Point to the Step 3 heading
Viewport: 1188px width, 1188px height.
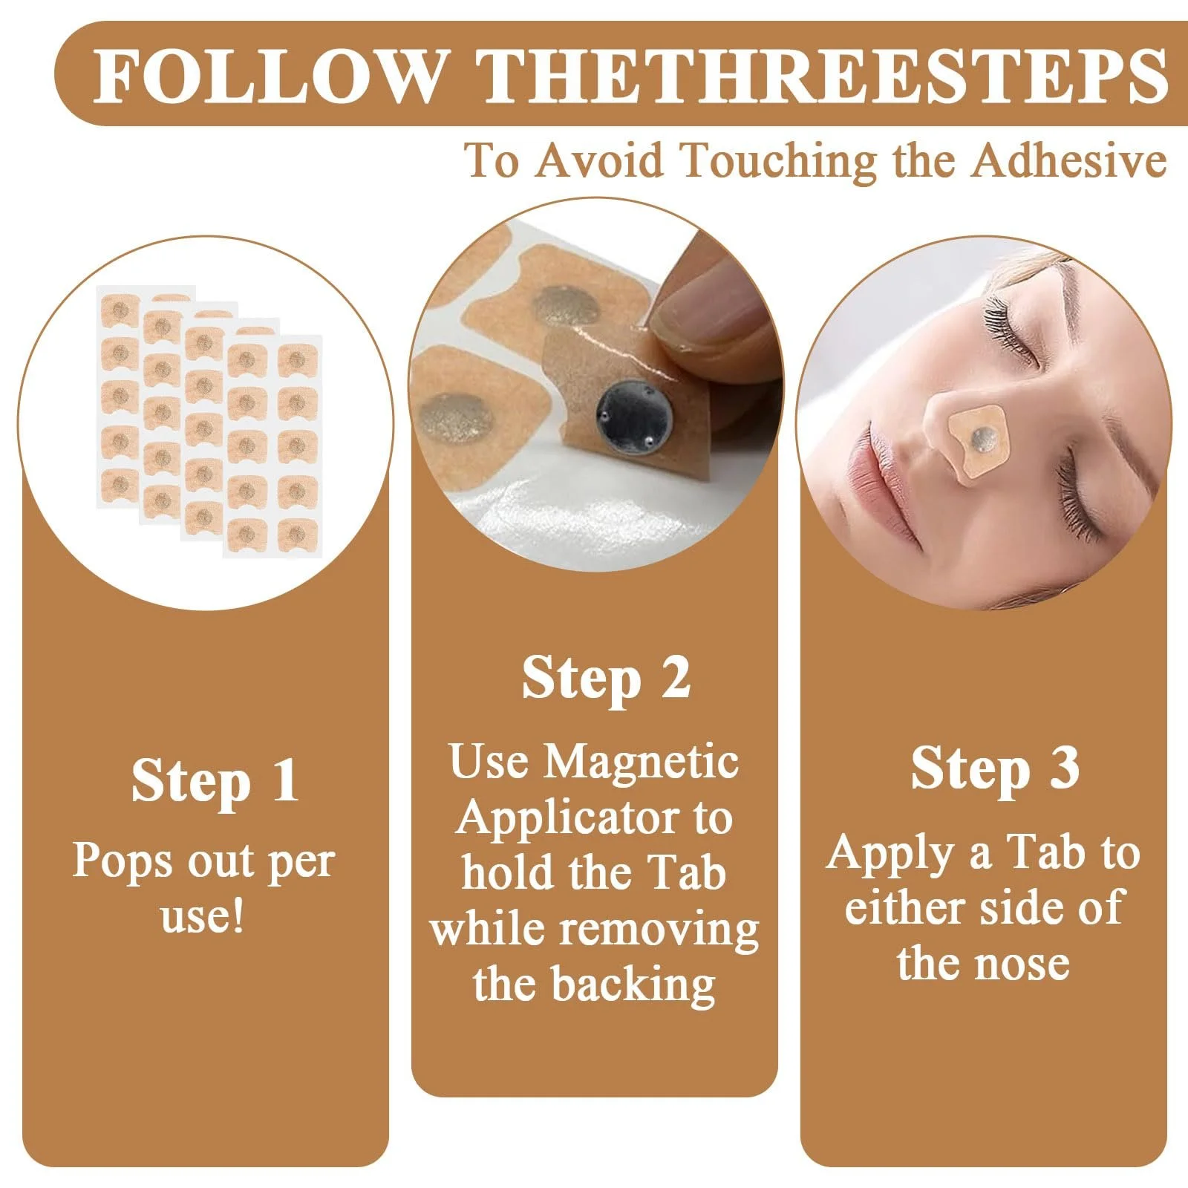click(x=995, y=769)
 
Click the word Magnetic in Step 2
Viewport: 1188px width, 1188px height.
click(x=642, y=763)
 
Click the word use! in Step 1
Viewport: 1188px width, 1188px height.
click(x=203, y=916)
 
